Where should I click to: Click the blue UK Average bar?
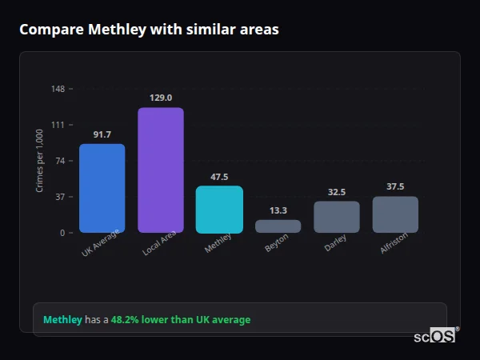pos(102,188)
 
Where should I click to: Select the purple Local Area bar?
pos(161,170)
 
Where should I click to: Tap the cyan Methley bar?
pos(219,210)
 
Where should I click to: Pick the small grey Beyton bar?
pos(278,226)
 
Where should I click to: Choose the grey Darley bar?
pos(336,217)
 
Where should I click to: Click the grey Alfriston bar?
pos(395,214)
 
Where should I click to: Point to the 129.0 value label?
pos(161,98)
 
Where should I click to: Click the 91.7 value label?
pos(102,134)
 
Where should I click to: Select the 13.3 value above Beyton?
pos(278,210)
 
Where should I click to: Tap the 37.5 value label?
pos(395,186)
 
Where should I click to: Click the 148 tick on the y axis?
pos(58,89)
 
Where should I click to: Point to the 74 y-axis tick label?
pos(61,161)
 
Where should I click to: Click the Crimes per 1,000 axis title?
pos(40,161)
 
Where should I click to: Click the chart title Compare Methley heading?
pos(150,30)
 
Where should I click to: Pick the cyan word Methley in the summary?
pos(62,320)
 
